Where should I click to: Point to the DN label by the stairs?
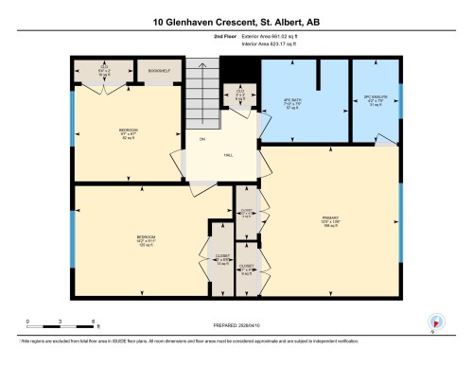[202, 140]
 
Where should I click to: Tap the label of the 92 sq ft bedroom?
[129, 133]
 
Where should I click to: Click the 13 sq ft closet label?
[222, 260]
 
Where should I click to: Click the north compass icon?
[434, 322]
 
